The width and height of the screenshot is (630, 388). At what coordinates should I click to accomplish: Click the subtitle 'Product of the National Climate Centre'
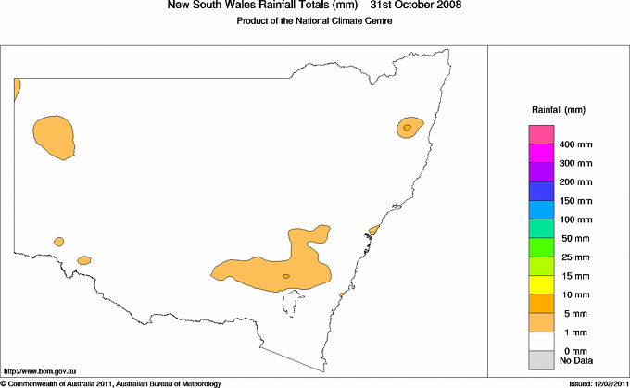tap(315, 20)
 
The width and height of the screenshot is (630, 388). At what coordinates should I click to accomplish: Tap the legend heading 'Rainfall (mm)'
tap(557, 110)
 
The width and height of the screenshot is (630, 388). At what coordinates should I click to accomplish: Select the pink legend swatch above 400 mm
tap(541, 135)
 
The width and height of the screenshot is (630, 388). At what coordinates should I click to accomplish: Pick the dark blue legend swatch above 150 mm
tap(541, 191)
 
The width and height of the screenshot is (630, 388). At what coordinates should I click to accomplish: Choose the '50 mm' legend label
tap(574, 239)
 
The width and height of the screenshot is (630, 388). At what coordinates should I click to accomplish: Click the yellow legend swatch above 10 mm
tap(541, 284)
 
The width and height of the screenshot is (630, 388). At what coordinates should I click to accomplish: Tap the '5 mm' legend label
tap(573, 314)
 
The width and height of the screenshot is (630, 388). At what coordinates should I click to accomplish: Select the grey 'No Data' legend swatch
tap(541, 359)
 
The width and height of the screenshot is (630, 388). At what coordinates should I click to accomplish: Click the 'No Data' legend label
tap(576, 360)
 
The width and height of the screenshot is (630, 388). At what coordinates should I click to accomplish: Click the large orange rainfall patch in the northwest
tap(53, 136)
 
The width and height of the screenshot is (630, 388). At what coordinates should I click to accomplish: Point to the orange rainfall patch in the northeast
tap(409, 127)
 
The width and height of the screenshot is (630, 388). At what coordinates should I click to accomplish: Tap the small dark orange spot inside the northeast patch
tap(407, 126)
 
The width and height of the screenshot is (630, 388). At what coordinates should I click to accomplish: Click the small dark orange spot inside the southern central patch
tap(285, 276)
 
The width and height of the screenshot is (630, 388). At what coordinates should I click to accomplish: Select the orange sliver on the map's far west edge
tap(17, 88)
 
